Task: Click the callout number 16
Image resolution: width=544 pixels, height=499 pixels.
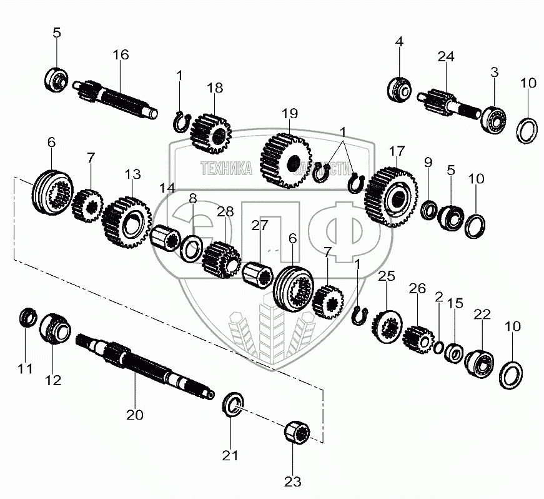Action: coord(121,55)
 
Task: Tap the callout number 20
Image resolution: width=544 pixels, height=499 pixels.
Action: coord(135,414)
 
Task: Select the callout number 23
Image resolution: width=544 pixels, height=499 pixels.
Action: coord(292,481)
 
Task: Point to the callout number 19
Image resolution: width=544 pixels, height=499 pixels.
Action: coord(290,113)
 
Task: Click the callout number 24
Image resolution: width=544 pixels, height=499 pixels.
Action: coord(445,56)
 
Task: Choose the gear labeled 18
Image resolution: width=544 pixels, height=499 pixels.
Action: coord(210,132)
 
